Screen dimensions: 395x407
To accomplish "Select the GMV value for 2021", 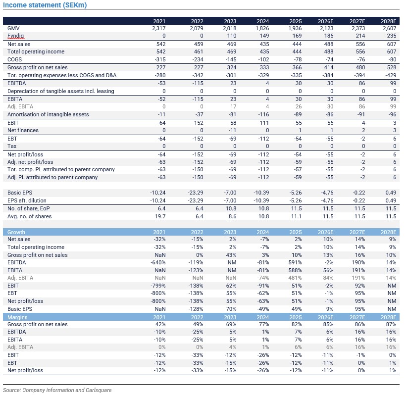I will pyautogui.click(x=159, y=28).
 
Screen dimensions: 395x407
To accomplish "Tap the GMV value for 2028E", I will pyautogui.click(x=389, y=28).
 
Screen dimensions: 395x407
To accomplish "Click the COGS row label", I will pyautogui.click(x=16, y=59).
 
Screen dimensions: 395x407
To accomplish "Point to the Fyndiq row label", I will pyautogui.click(x=16, y=36).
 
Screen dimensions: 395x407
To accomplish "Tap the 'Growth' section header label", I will pyautogui.click(x=16, y=232).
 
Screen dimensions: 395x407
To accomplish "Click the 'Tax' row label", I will pyautogui.click(x=12, y=146).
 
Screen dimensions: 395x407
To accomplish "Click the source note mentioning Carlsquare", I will pyautogui.click(x=57, y=390).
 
